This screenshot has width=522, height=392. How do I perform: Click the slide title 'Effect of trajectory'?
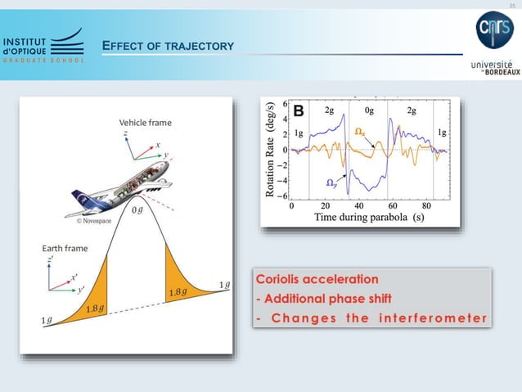[168, 45]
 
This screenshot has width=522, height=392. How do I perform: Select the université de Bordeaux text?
[495, 66]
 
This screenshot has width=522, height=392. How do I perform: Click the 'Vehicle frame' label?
[146, 123]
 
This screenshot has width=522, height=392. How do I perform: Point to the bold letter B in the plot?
[299, 110]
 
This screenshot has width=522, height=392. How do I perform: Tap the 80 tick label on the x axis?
[426, 206]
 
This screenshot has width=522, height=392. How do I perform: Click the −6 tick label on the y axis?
[282, 196]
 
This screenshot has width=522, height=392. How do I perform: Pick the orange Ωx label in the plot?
[360, 131]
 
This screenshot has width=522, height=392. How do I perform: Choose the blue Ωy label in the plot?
[325, 182]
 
